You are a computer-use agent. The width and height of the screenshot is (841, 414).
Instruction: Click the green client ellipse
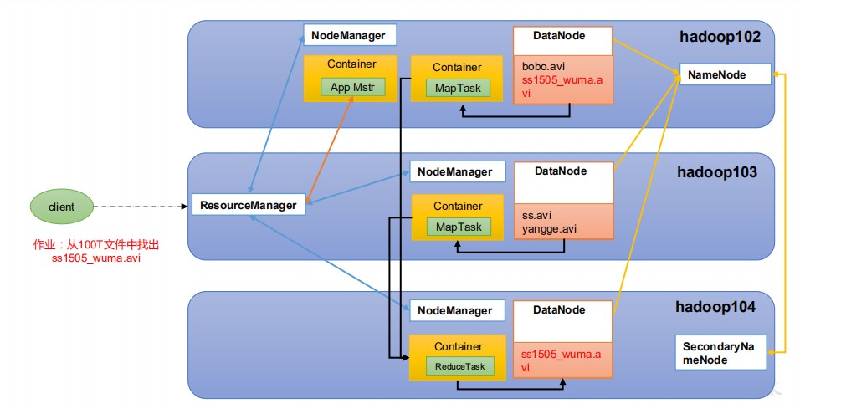[x=61, y=207]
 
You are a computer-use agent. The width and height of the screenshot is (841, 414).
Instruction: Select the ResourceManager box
[x=249, y=205]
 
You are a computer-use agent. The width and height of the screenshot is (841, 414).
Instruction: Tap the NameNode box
[x=726, y=74]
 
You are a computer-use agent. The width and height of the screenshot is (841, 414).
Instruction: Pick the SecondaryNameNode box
[x=720, y=352]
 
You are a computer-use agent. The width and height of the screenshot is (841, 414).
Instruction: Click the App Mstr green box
[x=353, y=87]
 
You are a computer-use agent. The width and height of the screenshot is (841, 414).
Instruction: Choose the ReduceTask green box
[x=459, y=366]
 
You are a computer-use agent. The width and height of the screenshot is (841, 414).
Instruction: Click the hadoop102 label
[x=720, y=37]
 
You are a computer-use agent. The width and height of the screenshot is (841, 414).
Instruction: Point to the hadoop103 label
[x=716, y=172]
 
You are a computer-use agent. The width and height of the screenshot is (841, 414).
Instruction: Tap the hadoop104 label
[x=715, y=307]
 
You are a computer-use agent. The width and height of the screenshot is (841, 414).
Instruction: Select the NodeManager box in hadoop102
[x=349, y=35]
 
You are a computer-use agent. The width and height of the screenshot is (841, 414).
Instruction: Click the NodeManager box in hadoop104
[x=458, y=310]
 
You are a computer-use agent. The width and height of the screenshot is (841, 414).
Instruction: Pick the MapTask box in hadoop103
[x=459, y=227]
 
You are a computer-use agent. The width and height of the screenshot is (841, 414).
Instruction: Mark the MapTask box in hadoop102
[x=458, y=88]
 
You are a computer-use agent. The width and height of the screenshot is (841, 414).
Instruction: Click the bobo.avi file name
[x=545, y=68]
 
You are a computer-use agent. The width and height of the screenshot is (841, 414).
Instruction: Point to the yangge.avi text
[x=549, y=229]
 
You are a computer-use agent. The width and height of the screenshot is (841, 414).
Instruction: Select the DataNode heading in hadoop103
[x=561, y=171]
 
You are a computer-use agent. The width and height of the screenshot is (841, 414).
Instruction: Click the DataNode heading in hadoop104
[x=559, y=309]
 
